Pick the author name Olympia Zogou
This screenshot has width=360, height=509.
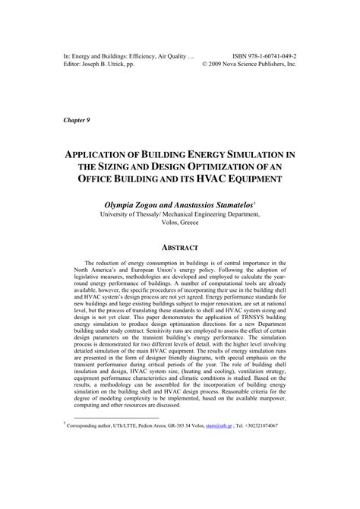132,205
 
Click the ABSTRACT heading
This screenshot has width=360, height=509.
179,248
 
